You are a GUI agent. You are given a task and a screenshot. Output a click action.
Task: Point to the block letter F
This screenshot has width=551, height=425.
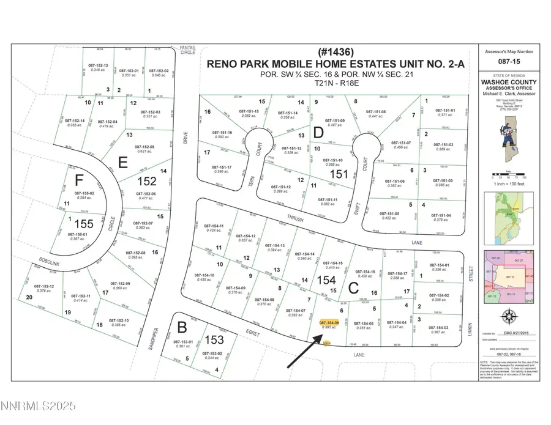(78, 181)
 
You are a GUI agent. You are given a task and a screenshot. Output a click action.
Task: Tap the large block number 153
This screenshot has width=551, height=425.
(214, 339)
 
